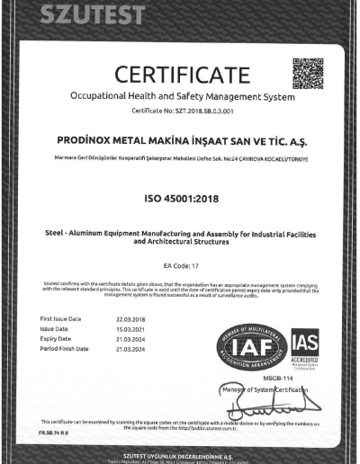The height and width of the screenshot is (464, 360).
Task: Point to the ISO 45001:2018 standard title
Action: pyautogui.click(x=179, y=195)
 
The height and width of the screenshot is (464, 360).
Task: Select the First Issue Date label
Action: pyautogui.click(x=61, y=319)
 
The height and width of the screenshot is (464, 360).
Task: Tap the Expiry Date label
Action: pyautogui.click(x=57, y=338)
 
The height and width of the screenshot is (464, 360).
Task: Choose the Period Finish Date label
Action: pyautogui.click(x=65, y=348)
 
